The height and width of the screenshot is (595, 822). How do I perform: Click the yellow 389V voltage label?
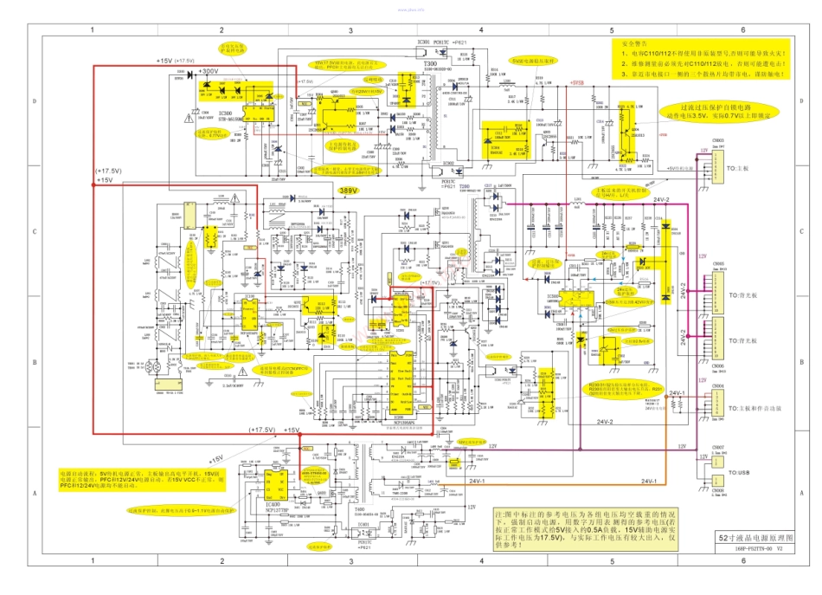(x=348, y=190)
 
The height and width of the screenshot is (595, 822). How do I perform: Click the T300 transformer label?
(x=430, y=64)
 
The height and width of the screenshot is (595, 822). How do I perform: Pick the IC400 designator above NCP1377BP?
(x=273, y=502)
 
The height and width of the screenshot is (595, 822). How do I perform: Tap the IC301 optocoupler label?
(x=424, y=42)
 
